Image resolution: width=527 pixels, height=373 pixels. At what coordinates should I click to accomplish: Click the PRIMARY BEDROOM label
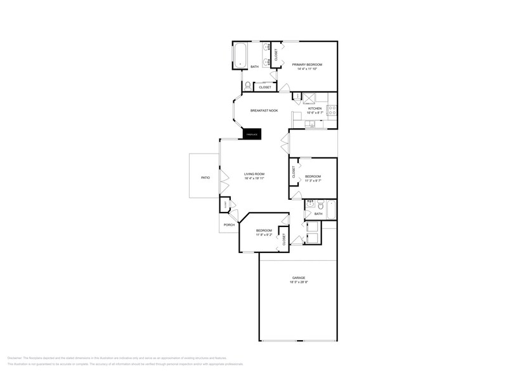[307, 65]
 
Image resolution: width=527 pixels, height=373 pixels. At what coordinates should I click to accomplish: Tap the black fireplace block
[252, 134]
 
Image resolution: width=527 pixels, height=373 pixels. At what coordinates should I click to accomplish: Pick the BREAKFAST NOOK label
[264, 110]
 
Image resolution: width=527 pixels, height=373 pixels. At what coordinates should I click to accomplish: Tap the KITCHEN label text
[315, 108]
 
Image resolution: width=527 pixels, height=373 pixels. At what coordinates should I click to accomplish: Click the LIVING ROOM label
[254, 174]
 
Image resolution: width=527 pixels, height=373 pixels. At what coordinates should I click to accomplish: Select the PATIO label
[205, 178]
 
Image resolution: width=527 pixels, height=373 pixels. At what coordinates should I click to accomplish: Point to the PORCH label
[229, 225]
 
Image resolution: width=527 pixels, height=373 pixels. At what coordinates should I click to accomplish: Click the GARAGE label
[298, 278]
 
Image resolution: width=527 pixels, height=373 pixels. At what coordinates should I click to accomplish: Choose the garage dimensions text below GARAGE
[298, 282]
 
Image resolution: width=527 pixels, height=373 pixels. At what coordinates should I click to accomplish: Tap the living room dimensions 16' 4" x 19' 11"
[254, 178]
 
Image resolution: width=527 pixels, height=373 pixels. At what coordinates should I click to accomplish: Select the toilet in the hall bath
[320, 205]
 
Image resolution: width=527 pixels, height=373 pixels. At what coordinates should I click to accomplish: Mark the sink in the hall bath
[310, 205]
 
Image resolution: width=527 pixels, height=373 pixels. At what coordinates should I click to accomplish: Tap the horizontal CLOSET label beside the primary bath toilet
[265, 87]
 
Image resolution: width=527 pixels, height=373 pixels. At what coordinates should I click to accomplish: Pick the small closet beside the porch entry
[225, 204]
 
